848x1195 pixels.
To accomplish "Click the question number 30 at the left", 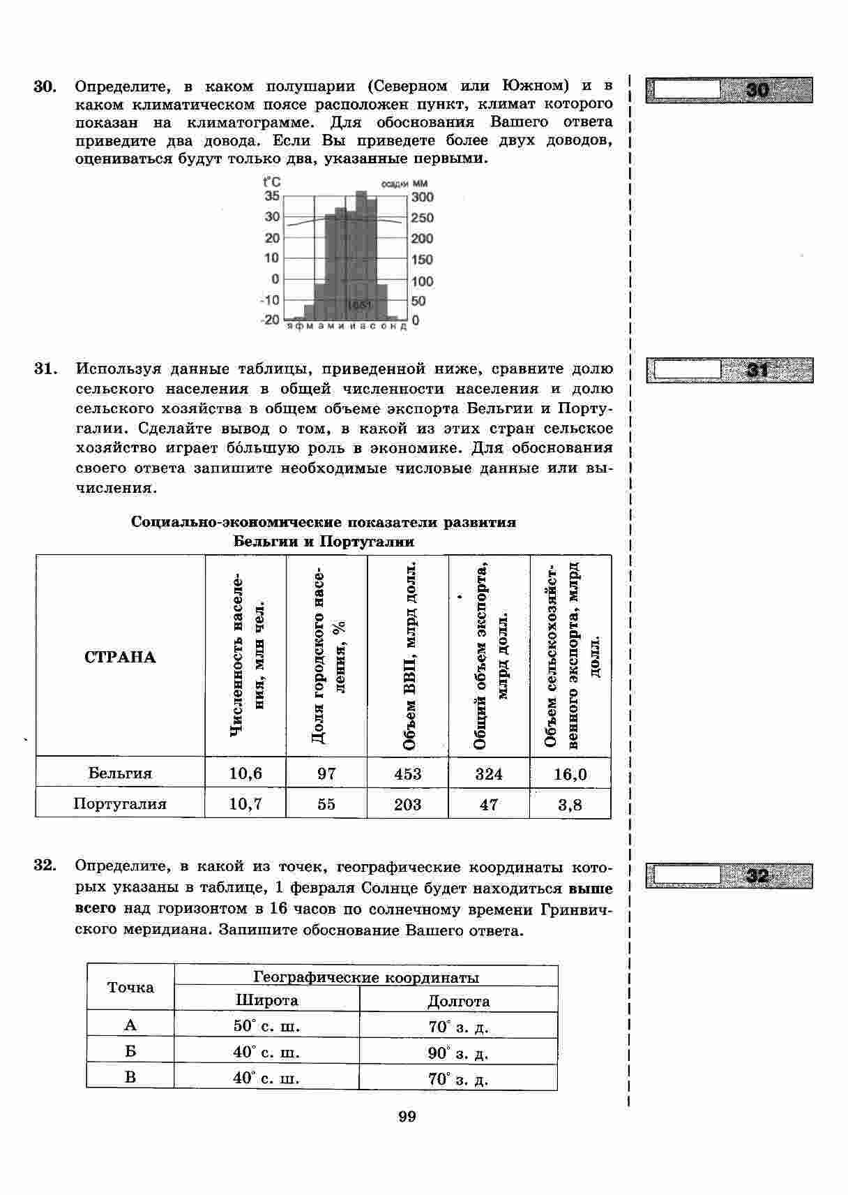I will click(44, 87).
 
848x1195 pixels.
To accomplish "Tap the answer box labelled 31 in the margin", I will click(729, 370).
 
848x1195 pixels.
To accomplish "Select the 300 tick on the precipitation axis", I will click(422, 198).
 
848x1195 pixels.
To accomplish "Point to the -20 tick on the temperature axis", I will click(270, 320).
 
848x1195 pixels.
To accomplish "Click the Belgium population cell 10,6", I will click(245, 773).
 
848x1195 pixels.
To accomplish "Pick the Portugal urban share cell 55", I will click(326, 804).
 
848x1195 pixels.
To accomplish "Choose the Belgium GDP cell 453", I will click(407, 773).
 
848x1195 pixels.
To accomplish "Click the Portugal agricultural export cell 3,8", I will click(570, 805).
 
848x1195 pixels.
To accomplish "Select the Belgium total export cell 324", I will click(489, 773).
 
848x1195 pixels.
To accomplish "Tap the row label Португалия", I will click(120, 804).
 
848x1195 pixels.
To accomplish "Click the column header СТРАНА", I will click(120, 658).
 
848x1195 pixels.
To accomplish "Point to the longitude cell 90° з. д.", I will click(458, 1053).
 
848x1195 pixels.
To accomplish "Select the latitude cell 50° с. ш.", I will click(266, 1026).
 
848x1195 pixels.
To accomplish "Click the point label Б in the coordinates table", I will click(130, 1051).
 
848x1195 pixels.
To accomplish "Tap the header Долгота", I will click(458, 1001).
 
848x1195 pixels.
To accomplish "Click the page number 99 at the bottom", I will click(407, 1117).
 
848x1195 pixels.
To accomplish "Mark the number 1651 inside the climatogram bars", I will click(360, 305).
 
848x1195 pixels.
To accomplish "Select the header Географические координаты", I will click(365, 977).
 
